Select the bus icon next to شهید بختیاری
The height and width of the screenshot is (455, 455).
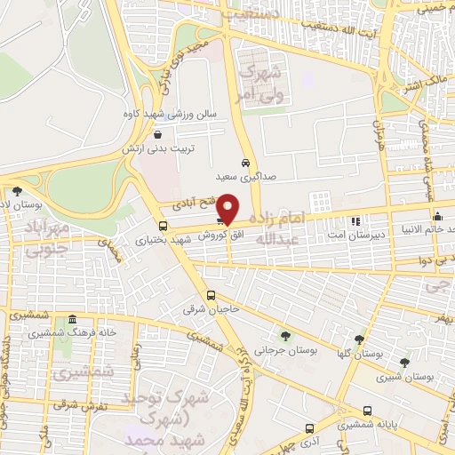pos(162,226)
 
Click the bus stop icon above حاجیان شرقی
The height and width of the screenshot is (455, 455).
pos(211,295)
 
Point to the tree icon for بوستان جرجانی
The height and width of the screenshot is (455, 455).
pos(284,336)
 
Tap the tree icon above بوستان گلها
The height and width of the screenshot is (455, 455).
pos(359,339)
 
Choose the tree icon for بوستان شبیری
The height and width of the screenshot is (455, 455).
pos(405,362)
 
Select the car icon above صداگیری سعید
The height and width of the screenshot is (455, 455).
pos(244,162)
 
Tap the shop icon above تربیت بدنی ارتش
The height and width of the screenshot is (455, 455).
pos(157,135)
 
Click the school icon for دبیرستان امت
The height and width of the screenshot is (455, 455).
pos(355,220)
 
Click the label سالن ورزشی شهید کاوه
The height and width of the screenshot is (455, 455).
pos(166,114)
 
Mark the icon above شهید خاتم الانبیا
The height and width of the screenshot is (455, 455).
pos(436,216)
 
